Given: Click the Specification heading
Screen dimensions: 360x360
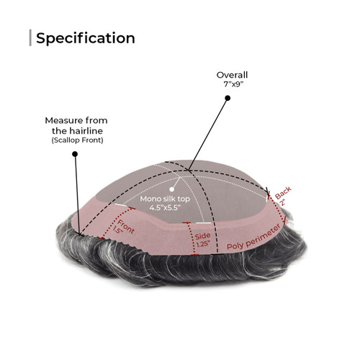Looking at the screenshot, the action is tap(86, 38).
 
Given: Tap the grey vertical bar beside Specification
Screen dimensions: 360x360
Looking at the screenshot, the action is tap(30, 37).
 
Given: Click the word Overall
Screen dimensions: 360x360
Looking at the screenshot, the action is tap(232, 75).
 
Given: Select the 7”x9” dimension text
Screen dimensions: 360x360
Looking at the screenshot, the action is tap(232, 84).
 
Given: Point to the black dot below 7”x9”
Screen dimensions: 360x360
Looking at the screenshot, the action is tap(228, 98).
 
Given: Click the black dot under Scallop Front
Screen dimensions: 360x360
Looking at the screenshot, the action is tap(75, 154).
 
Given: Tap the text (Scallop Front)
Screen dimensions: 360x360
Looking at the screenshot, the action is tap(77, 140).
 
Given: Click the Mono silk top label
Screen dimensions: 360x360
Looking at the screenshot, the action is tap(165, 199).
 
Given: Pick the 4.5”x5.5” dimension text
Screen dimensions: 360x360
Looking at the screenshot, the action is tap(165, 207).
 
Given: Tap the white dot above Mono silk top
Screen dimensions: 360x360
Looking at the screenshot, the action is tap(171, 189).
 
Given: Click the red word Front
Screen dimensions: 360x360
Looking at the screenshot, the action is tap(126, 227).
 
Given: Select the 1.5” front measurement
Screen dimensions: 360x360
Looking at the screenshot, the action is tap(118, 230).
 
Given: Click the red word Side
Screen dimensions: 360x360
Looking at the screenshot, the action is tap(202, 236).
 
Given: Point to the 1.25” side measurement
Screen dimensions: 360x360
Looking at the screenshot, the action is tap(203, 244).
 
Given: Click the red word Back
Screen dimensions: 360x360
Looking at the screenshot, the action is tap(283, 192).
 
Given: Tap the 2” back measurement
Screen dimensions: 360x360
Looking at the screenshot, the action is tap(282, 202).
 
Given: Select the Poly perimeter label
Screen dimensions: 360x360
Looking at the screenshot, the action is tap(253, 237).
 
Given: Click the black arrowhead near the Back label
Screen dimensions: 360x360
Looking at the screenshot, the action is tap(267, 191).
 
